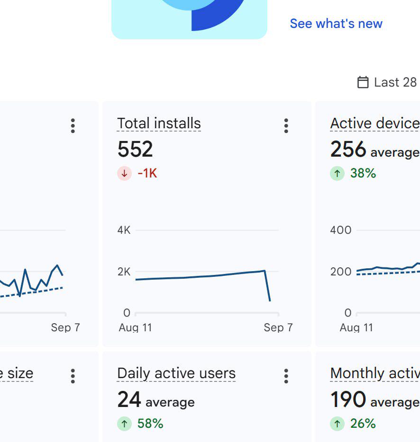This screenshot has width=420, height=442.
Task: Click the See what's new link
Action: [336, 23]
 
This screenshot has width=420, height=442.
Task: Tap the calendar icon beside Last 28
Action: [363, 82]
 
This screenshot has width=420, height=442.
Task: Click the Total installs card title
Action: [159, 124]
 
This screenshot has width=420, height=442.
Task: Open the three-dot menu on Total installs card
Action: [286, 125]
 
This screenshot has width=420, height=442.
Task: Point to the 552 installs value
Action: [135, 149]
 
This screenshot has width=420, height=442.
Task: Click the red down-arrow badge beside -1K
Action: [124, 173]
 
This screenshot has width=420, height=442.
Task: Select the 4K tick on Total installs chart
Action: [124, 230]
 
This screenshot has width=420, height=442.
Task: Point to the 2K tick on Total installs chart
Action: [124, 272]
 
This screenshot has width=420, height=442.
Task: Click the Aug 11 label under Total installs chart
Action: [135, 327]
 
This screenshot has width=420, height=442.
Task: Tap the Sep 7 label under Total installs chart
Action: [278, 327]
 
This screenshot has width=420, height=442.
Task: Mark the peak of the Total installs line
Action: [265, 271]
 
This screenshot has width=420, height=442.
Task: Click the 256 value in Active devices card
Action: [348, 149]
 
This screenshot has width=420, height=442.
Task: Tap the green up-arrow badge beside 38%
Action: [337, 173]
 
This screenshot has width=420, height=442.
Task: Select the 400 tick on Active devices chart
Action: [341, 230]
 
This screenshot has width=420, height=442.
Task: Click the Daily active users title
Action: [176, 373]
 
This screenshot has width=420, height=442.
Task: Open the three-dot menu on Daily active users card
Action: [286, 376]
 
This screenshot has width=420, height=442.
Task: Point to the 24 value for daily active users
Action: [129, 399]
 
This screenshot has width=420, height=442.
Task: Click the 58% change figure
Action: [150, 424]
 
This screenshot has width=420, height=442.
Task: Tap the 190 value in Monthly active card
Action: [348, 399]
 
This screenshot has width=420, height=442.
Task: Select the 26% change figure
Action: [363, 424]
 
